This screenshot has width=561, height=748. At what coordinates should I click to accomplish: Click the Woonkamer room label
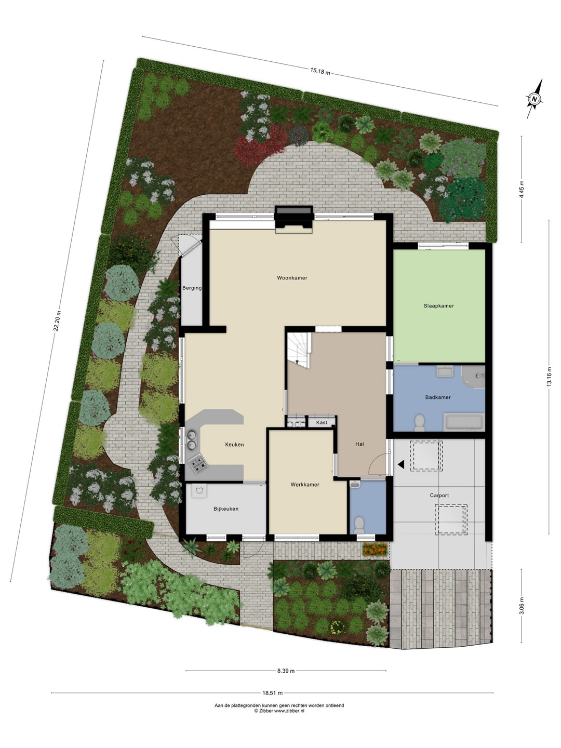pyautogui.click(x=292, y=278)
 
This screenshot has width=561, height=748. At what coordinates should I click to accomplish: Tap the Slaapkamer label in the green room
pyautogui.click(x=439, y=306)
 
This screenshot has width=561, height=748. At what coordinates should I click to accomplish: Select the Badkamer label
pyautogui.click(x=438, y=397)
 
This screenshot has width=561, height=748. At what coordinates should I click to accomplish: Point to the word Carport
pyautogui.click(x=439, y=496)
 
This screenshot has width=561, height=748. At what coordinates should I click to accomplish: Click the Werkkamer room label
pyautogui.click(x=305, y=485)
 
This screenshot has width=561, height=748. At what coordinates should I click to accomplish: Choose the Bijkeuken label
pyautogui.click(x=226, y=509)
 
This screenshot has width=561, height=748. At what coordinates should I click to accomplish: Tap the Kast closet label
pyautogui.click(x=322, y=422)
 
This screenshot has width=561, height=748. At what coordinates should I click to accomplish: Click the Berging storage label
pyautogui.click(x=192, y=288)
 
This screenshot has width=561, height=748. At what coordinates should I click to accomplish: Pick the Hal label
pyautogui.click(x=359, y=444)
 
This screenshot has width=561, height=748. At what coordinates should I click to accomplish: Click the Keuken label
pyautogui.click(x=234, y=445)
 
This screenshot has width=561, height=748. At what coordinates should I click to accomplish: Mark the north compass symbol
pyautogui.click(x=535, y=99)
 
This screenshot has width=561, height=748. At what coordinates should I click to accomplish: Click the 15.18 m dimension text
pyautogui.click(x=320, y=71)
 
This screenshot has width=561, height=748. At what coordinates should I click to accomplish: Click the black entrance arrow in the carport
pyautogui.click(x=401, y=464)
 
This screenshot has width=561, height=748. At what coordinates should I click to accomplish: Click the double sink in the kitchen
pyautogui.click(x=191, y=439)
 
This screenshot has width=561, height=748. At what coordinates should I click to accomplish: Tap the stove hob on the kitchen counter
pyautogui.click(x=196, y=465)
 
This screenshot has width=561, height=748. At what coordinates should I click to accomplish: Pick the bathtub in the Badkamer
pyautogui.click(x=464, y=421)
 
